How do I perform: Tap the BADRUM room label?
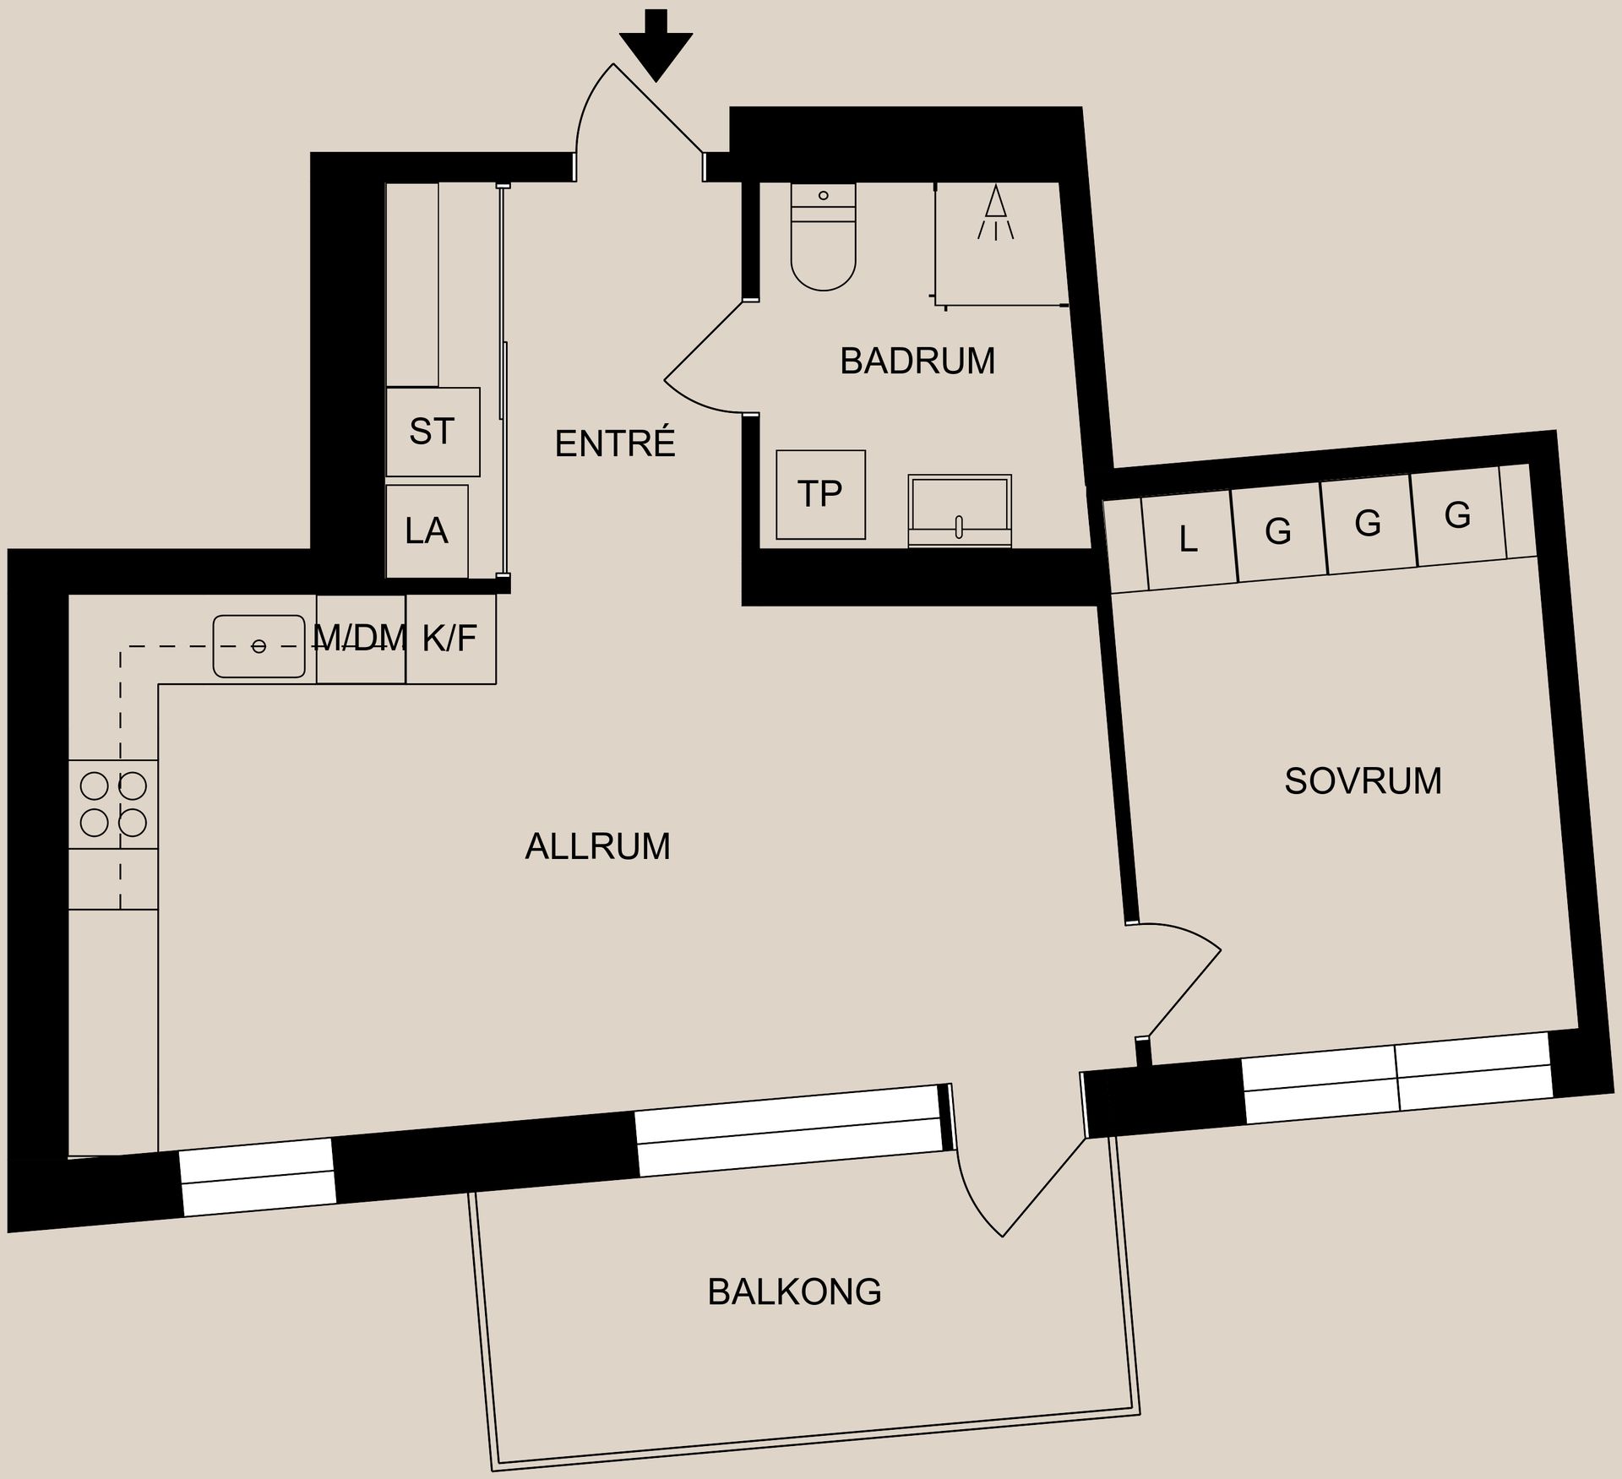click(917, 362)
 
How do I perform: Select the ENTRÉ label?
click(615, 443)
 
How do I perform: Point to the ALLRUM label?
click(598, 846)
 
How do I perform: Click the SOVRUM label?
click(1363, 781)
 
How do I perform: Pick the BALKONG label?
click(794, 1291)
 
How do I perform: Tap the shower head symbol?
click(997, 211)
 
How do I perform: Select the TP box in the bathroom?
click(820, 494)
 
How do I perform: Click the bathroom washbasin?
click(960, 510)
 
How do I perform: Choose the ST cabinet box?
click(433, 432)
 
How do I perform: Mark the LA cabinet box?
click(427, 531)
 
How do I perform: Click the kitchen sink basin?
click(259, 646)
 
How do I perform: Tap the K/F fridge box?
click(451, 639)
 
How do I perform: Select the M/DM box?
click(362, 639)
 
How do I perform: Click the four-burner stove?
click(113, 804)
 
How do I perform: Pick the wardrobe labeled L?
click(1189, 541)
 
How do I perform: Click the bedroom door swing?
click(1183, 980)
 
